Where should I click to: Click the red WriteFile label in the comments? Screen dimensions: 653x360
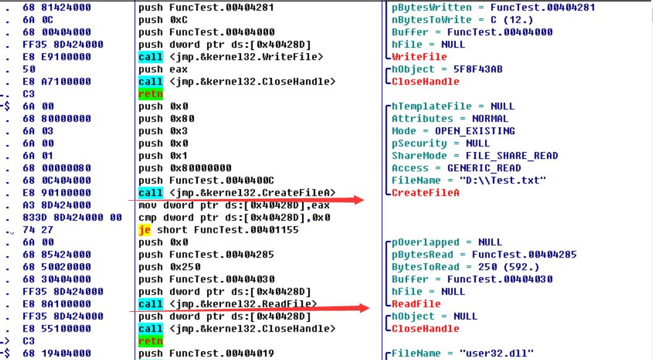click(419, 57)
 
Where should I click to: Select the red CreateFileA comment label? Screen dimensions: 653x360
click(425, 193)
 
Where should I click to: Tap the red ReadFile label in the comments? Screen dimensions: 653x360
click(416, 304)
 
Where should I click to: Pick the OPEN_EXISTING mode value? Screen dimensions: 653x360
click(474, 131)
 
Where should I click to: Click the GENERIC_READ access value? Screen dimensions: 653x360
click(484, 168)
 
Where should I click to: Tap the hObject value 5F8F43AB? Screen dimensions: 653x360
click(478, 70)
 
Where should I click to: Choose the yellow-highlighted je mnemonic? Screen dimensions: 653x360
click(145, 230)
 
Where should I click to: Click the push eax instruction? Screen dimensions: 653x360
click(163, 70)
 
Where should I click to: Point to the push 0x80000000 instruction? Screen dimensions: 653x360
click(185, 168)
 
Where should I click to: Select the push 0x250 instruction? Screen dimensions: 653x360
click(169, 267)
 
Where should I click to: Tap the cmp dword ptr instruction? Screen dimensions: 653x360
click(235, 217)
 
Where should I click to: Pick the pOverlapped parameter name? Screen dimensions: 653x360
click(426, 243)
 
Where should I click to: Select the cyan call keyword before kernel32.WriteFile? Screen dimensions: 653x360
click(150, 57)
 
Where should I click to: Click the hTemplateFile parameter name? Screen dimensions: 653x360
click(431, 107)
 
